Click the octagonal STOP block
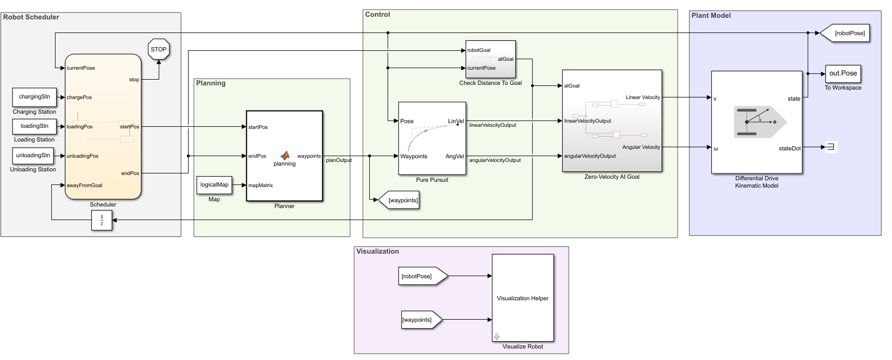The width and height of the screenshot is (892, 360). tap(158, 49)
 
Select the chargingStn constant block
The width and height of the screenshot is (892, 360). tap(35, 97)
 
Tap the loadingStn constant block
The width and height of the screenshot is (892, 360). tap(35, 126)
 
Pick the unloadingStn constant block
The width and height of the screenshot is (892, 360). tap(34, 156)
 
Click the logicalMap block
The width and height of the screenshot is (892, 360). tap(214, 185)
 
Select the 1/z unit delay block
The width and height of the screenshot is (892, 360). tap(102, 220)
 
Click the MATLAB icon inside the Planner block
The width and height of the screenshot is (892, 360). tap(285, 155)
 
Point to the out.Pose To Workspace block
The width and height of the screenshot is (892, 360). tap(843, 74)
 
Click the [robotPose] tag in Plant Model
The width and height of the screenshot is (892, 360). tap(846, 33)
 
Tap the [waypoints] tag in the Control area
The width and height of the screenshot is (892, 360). tap(400, 200)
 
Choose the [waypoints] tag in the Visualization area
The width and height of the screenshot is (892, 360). tap(420, 320)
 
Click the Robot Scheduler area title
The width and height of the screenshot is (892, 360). tap(31, 17)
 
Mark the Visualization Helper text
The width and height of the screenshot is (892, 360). tap(522, 298)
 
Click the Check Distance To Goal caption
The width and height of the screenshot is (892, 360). tap(490, 83)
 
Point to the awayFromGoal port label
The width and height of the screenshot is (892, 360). tap(84, 185)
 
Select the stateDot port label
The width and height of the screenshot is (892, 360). tap(789, 148)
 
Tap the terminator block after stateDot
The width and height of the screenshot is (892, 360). tap(831, 147)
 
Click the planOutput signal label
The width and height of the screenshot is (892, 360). tap(339, 160)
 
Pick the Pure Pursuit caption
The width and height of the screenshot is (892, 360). tap(432, 180)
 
